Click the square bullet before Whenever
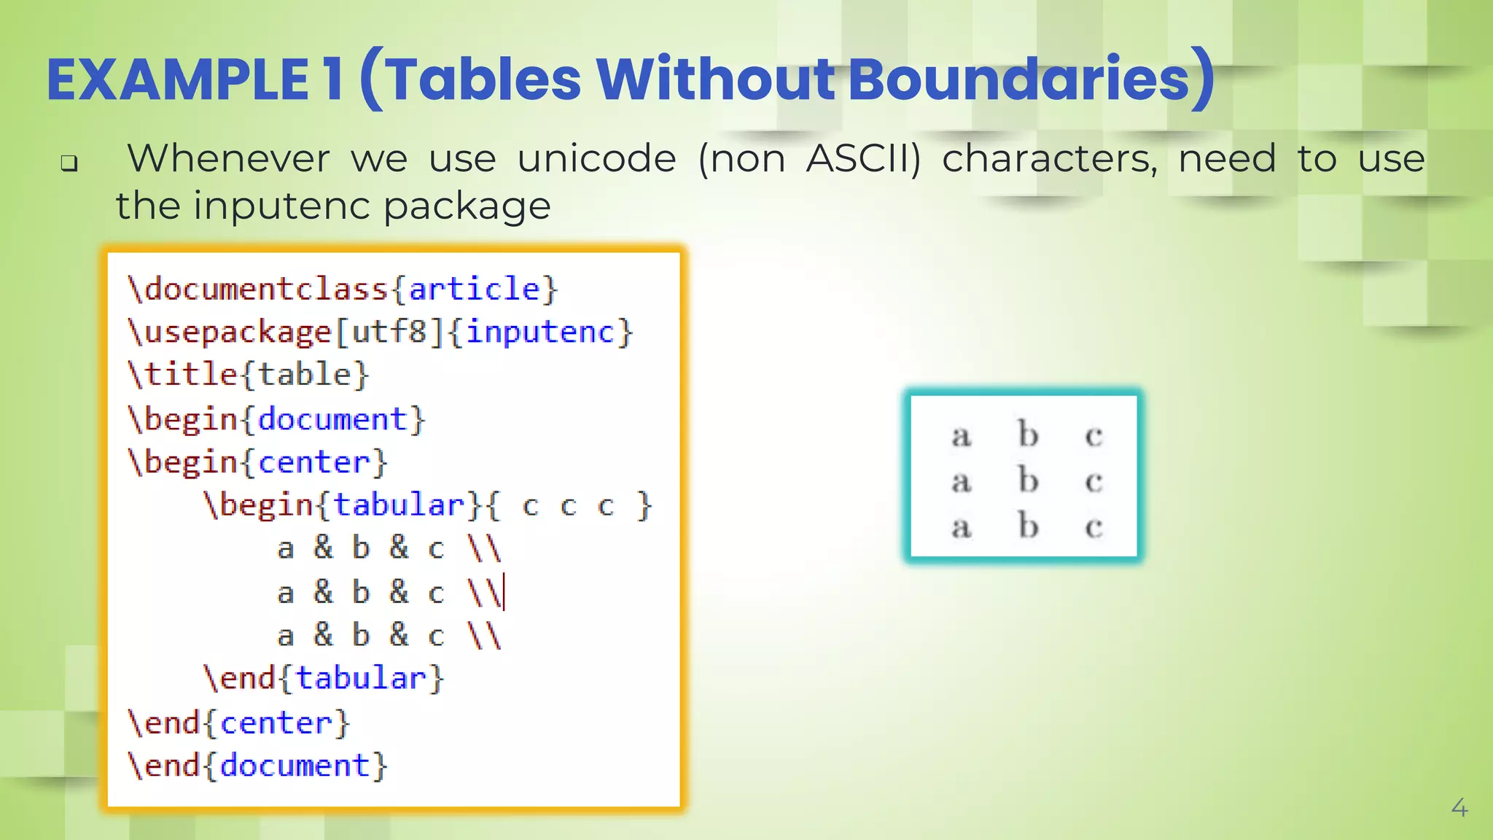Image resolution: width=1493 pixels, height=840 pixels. click(69, 163)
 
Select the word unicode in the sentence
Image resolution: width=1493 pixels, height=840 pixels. click(596, 159)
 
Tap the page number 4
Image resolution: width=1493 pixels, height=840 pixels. click(1459, 807)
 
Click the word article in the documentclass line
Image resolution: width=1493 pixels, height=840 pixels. click(474, 289)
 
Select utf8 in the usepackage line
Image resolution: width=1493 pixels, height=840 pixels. click(389, 332)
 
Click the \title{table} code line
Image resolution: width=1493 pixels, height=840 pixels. click(249, 375)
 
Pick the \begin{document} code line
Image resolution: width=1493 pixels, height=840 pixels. click(276, 419)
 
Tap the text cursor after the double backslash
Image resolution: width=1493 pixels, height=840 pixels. click(504, 592)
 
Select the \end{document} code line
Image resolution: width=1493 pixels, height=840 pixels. click(257, 766)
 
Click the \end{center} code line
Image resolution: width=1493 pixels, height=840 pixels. click(239, 723)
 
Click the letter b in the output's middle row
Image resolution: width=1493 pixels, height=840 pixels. click(1028, 480)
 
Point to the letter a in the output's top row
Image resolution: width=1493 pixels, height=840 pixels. click(962, 435)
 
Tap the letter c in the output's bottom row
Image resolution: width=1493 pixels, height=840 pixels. click(1094, 526)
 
